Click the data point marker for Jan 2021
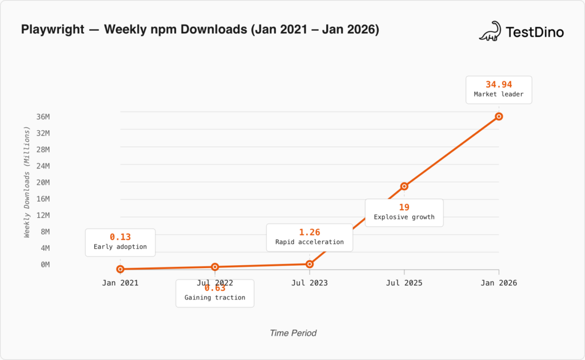[120, 269]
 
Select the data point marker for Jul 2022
[215, 267]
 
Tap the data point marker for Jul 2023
[310, 264]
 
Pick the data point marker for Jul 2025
[404, 186]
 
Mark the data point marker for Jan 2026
[499, 117]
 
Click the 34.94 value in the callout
[499, 85]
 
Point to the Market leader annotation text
[499, 94]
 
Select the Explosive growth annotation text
[404, 217]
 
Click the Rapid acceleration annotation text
[310, 242]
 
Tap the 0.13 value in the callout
[120, 237]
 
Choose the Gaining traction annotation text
[215, 298]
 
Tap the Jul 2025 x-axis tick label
[404, 282]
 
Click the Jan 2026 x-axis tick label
[499, 282]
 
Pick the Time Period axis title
[293, 333]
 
